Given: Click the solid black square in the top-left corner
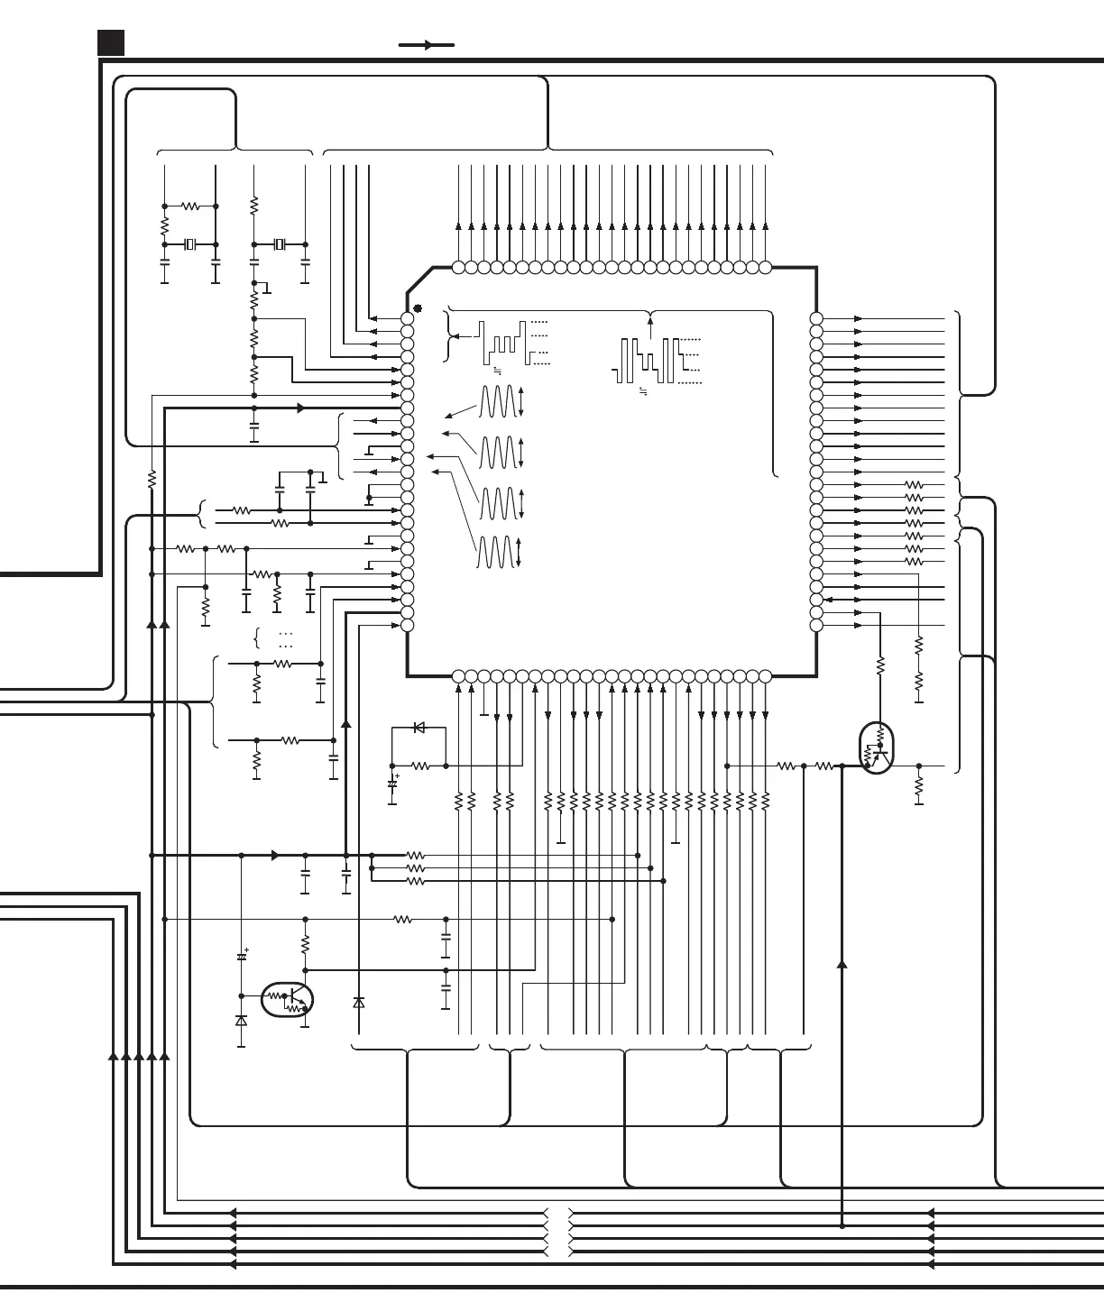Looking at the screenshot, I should (111, 42).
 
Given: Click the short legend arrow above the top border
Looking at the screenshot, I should (427, 44).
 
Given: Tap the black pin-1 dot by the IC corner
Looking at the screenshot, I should (418, 308).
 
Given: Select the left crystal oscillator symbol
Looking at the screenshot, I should (189, 244).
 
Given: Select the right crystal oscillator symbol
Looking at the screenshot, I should (280, 244).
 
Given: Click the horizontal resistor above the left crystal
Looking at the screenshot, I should (190, 206).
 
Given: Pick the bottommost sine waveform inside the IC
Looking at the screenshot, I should (497, 552).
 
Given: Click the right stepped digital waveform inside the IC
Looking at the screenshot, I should (647, 360).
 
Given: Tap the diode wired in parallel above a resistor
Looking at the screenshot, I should (419, 727).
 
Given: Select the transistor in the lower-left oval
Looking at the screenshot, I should (288, 1000).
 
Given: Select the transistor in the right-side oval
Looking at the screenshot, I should (876, 748).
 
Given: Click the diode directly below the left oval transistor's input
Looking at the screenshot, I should (241, 1021).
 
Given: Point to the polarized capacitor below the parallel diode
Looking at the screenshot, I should (392, 784).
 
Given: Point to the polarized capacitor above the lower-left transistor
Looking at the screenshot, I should (242, 956).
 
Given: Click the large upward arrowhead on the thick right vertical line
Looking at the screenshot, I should (842, 964).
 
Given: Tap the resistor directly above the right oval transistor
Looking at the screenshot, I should (880, 666).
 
